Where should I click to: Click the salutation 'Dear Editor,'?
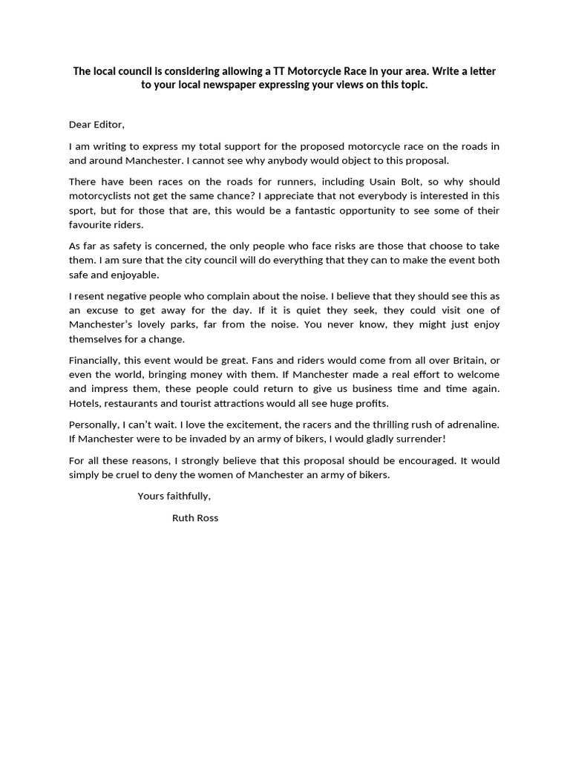(96, 125)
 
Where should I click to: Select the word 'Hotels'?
(85, 404)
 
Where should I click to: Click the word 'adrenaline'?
(471, 425)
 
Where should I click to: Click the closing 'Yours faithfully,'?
(174, 497)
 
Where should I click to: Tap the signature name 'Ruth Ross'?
(195, 518)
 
